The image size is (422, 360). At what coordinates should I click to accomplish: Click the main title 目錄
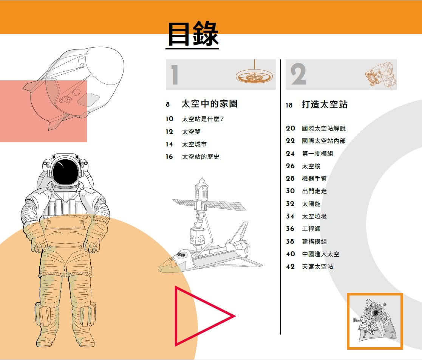pyautogui.click(x=193, y=34)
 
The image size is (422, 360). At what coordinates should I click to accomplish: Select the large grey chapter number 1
pyautogui.click(x=174, y=75)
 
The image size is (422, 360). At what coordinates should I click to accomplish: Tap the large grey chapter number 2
pyautogui.click(x=298, y=75)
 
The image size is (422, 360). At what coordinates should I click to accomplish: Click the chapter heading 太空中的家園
pyautogui.click(x=209, y=104)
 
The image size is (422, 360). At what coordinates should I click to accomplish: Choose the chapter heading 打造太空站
pyautogui.click(x=325, y=105)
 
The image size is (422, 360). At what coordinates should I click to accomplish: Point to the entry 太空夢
pyautogui.click(x=191, y=132)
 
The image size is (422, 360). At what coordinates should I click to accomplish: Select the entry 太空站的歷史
pyautogui.click(x=201, y=157)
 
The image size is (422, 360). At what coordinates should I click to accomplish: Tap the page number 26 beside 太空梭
pyautogui.click(x=290, y=166)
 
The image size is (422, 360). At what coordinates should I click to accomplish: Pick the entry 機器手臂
pyautogui.click(x=314, y=178)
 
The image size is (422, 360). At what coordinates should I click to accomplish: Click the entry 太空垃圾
pyautogui.click(x=314, y=216)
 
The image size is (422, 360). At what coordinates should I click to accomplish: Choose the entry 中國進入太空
pyautogui.click(x=320, y=254)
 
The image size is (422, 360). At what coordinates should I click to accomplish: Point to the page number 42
pyautogui.click(x=290, y=266)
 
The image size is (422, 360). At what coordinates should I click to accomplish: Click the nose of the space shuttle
pyautogui.click(x=163, y=268)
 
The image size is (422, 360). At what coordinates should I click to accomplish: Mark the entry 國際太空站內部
pyautogui.click(x=323, y=141)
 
